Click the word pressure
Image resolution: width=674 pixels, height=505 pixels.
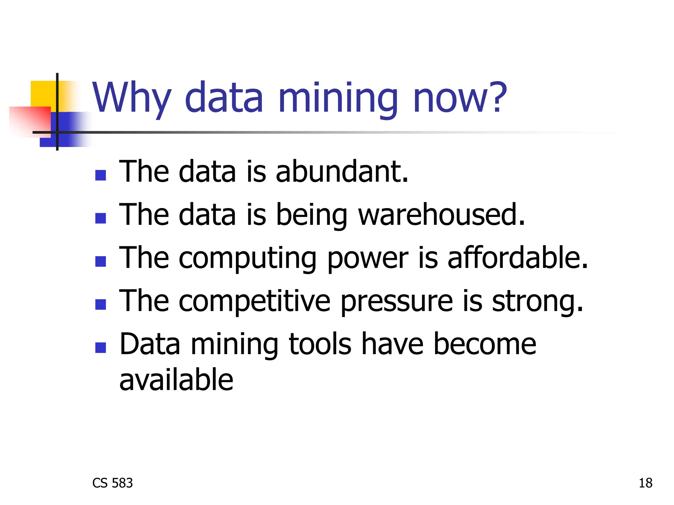pos(397,302)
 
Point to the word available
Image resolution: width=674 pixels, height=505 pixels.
pos(176,380)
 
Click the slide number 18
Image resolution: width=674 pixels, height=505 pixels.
pos(645,483)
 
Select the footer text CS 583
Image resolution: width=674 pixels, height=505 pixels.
pos(113,483)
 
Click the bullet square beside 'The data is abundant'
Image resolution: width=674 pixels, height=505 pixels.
pos(100,175)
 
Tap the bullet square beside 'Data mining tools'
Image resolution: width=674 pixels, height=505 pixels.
pos(100,348)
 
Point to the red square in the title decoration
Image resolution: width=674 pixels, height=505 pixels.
pos(30,120)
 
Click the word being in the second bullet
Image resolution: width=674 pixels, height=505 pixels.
pos(311,215)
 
